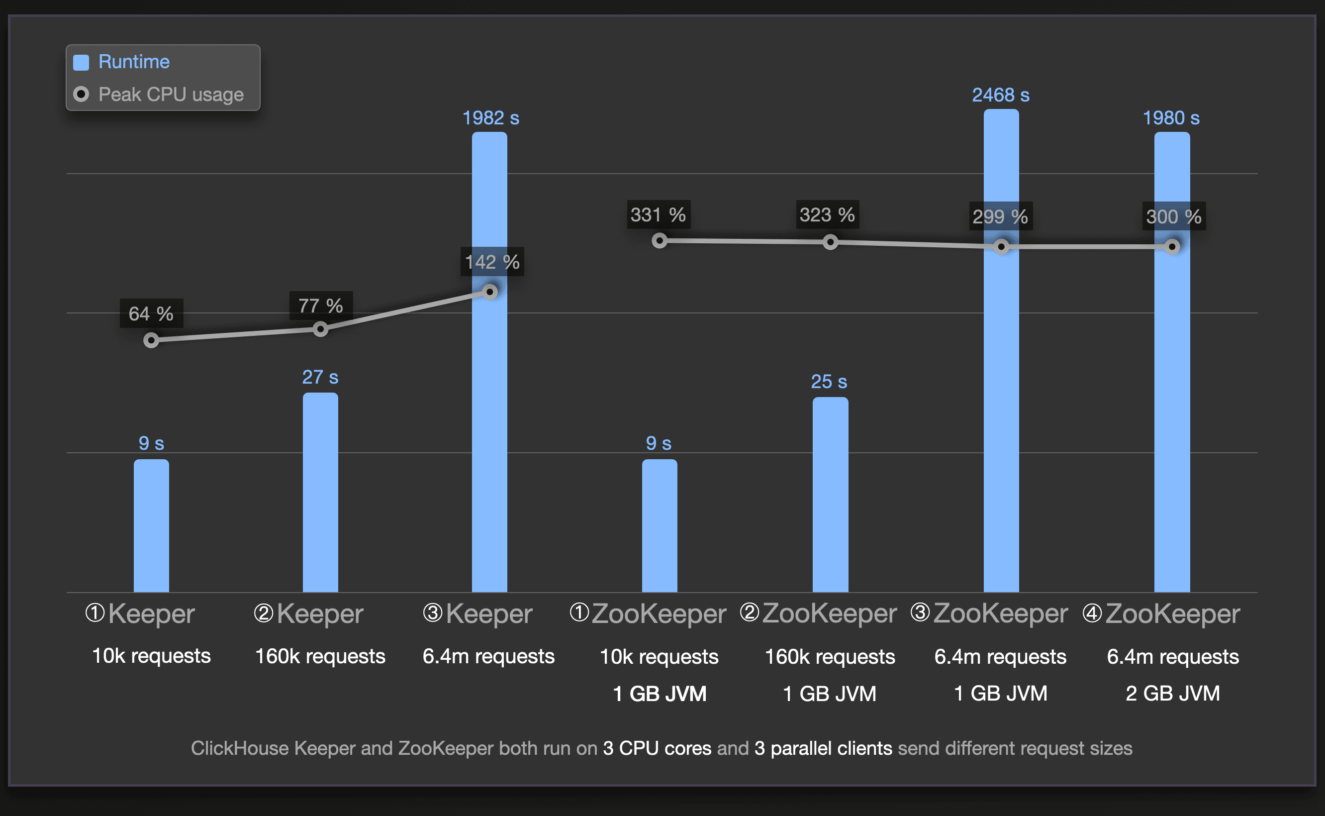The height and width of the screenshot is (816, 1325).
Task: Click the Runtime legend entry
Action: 133,62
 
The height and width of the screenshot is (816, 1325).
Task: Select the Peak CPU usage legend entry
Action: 171,95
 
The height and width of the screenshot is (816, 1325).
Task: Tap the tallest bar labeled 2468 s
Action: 1001,351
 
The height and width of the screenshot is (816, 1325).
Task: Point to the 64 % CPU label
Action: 151,313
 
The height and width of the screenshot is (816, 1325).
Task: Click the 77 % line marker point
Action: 320,329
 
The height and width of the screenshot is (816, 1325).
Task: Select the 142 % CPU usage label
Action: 492,262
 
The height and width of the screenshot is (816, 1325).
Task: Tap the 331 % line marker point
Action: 659,241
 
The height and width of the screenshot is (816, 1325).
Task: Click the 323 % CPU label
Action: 827,215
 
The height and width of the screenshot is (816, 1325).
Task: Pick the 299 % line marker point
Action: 1001,247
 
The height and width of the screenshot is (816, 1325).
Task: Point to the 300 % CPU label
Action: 1173,216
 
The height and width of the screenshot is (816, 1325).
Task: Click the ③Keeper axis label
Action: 478,613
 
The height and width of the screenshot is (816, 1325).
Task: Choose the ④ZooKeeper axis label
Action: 1161,613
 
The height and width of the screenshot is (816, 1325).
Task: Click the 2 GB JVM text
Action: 1172,694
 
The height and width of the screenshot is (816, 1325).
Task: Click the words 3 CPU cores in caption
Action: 657,748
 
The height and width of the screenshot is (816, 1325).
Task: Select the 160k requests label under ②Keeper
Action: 320,656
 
